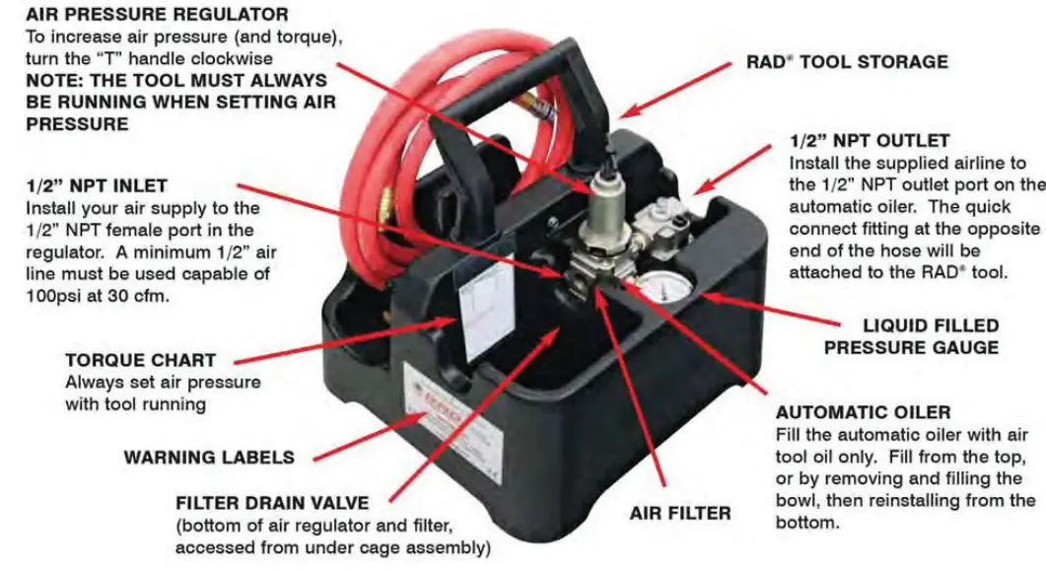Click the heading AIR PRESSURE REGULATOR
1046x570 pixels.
point(144,15)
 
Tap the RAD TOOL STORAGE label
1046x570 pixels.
point(846,61)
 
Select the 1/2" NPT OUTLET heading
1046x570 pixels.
point(870,141)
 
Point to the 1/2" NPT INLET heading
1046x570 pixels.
point(96,185)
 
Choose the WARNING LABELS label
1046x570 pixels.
point(208,457)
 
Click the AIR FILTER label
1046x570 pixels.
point(680,513)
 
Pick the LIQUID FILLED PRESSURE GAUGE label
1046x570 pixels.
point(911,336)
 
